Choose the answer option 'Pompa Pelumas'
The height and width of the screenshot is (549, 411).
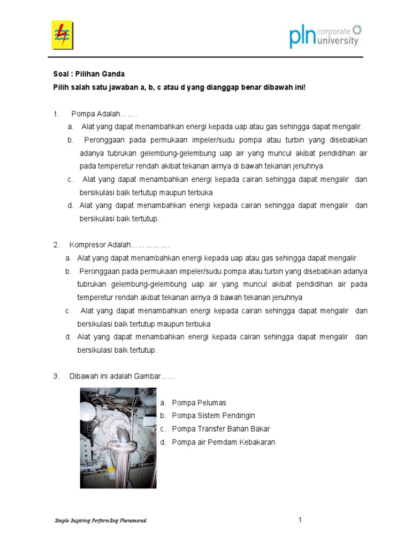[199, 403]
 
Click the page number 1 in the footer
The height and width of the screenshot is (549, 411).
[301, 520]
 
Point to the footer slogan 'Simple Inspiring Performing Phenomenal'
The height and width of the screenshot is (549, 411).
[100, 521]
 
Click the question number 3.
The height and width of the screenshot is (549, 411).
[56, 376]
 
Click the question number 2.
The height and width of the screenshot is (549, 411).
[56, 245]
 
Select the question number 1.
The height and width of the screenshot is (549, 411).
[56, 114]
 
